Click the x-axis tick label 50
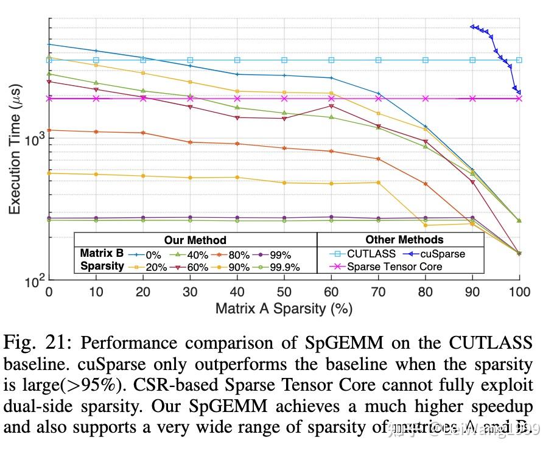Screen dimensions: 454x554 (284, 292)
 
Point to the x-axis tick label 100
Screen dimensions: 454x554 (519, 292)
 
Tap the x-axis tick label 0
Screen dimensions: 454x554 (49, 292)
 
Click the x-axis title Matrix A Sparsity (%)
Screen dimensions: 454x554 (284, 309)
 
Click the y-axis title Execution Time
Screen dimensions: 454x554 (15, 150)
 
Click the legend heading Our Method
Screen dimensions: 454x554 (195, 240)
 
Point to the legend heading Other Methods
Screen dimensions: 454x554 (404, 239)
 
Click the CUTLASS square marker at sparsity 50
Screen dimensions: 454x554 (284, 60)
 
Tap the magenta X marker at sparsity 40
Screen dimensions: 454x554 (237, 98)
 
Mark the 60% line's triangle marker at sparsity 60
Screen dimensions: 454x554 (331, 106)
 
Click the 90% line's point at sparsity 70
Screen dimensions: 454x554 (378, 183)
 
